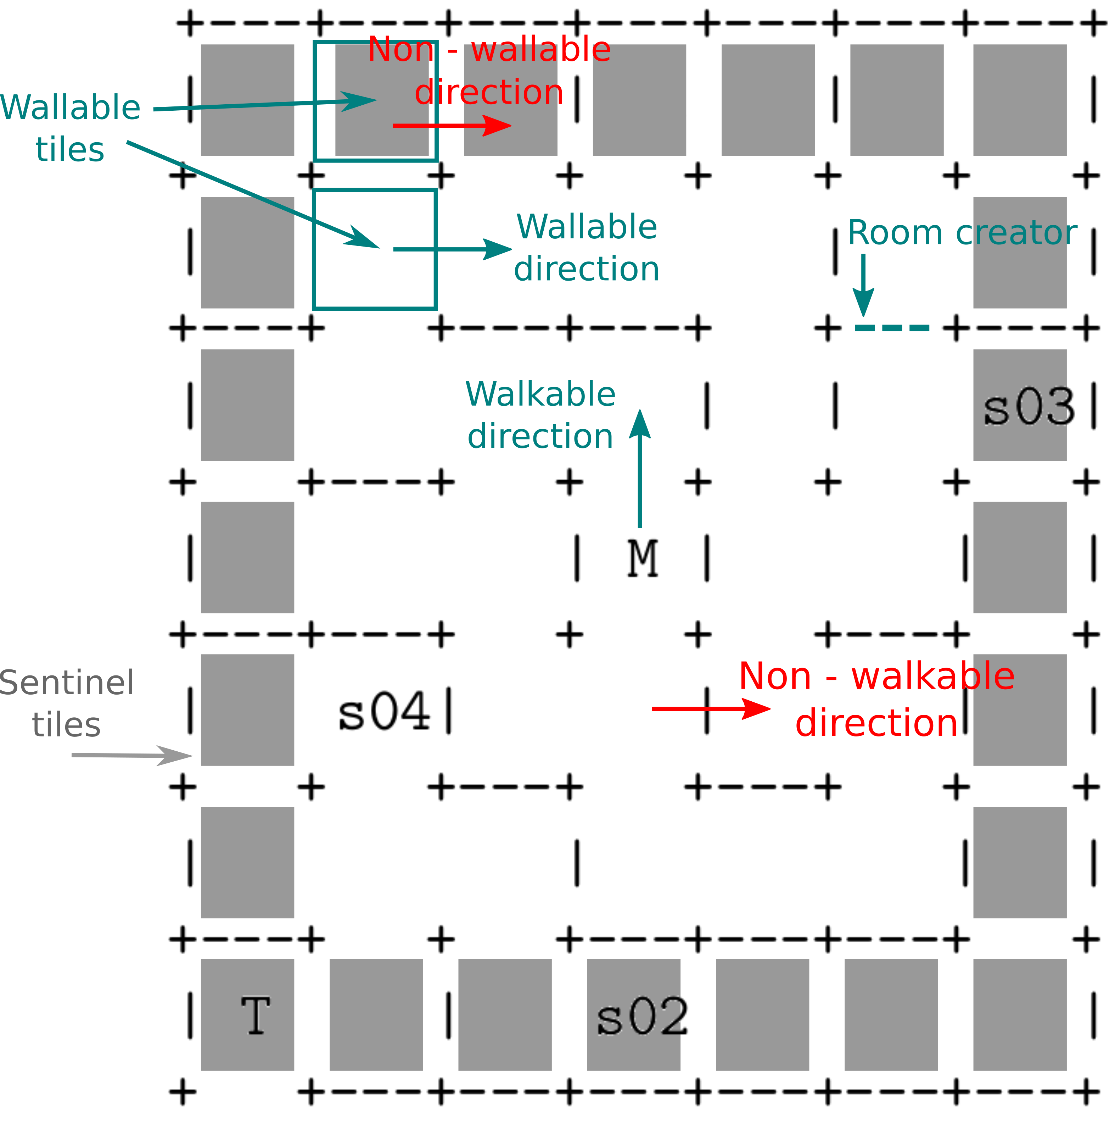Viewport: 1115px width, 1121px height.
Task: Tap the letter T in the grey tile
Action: point(256,1015)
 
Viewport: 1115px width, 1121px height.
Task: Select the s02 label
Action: point(643,1017)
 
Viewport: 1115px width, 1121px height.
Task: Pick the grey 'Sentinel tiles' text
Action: point(67,703)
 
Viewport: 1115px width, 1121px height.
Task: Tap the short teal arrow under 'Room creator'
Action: point(863,284)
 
